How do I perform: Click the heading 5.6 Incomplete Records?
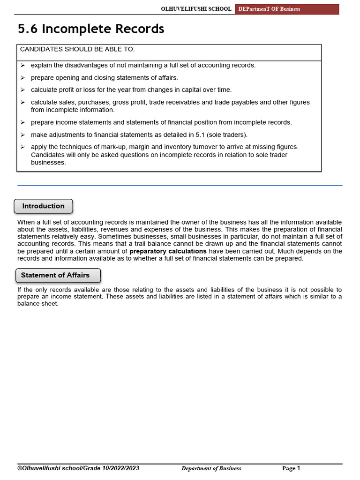pyautogui.click(x=91, y=29)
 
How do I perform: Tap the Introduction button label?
pyautogui.click(x=44, y=206)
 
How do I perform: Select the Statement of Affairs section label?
pyautogui.click(x=55, y=275)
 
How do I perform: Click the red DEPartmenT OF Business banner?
pyautogui.click(x=287, y=9)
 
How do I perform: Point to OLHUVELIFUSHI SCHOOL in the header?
pyautogui.click(x=196, y=9)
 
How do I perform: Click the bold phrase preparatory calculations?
pyautogui.click(x=168, y=251)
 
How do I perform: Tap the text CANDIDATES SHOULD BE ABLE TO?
pyautogui.click(x=77, y=49)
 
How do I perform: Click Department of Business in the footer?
pyautogui.click(x=211, y=468)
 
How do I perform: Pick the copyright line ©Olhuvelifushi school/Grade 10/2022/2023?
pyautogui.click(x=78, y=468)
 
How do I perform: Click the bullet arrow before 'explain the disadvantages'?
pyautogui.click(x=22, y=65)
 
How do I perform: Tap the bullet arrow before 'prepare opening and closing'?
pyautogui.click(x=22, y=77)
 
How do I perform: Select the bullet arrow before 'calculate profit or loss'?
pyautogui.click(x=22, y=90)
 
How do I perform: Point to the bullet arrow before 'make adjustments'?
pyautogui.click(x=22, y=135)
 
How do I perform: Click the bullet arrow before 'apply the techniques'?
pyautogui.click(x=22, y=147)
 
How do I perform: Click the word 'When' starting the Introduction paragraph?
pyautogui.click(x=25, y=222)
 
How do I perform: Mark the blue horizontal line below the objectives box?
pyautogui.click(x=180, y=186)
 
